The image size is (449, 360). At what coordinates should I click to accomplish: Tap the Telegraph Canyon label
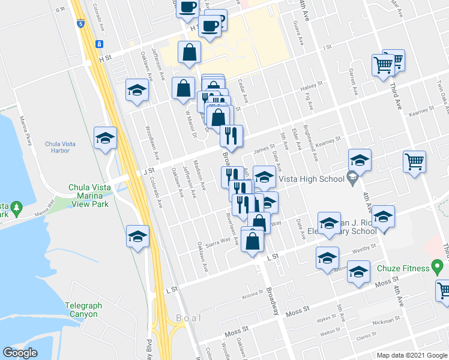(x=83, y=310)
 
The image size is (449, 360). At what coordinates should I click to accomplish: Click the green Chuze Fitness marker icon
(x=438, y=266)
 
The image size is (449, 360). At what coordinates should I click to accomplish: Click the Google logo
(x=20, y=353)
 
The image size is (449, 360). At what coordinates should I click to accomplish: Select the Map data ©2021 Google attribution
(x=411, y=355)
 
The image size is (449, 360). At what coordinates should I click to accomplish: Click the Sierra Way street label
(x=218, y=241)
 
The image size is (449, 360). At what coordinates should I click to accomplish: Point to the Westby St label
(x=364, y=247)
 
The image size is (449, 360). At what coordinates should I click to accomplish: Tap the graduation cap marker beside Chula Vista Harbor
(x=105, y=139)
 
